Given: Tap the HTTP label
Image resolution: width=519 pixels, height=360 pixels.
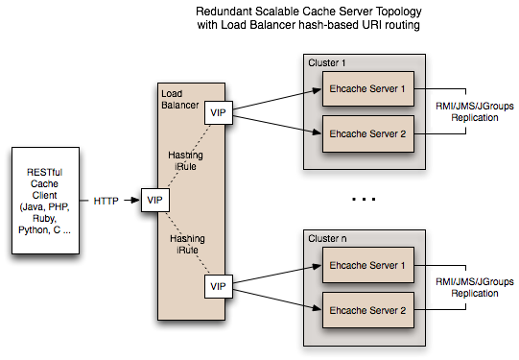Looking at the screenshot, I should (x=106, y=202).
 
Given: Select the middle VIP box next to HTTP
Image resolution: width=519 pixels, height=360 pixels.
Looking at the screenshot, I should (x=153, y=201).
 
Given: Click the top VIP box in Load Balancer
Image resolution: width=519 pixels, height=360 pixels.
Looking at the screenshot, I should (x=219, y=113).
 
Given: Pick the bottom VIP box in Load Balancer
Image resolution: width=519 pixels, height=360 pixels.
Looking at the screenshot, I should (x=219, y=286).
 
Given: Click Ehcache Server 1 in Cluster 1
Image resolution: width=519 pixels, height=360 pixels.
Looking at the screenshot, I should (x=368, y=88).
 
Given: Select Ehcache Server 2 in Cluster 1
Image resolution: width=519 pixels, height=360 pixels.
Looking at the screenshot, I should (x=368, y=132).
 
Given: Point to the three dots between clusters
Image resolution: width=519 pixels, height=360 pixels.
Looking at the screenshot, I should (x=364, y=200).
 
